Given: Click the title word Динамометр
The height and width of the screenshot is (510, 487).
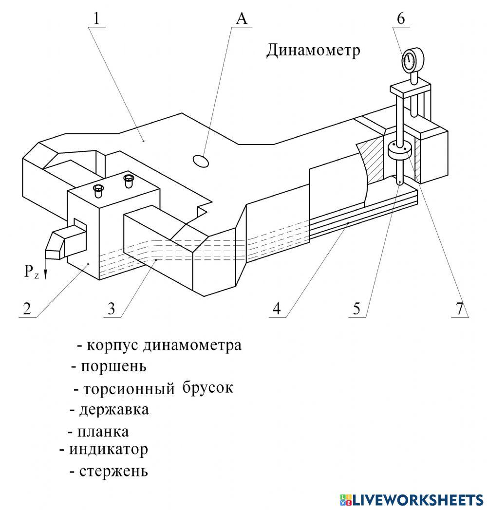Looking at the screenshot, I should (x=313, y=50).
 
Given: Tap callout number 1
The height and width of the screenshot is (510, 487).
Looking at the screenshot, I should (x=96, y=18).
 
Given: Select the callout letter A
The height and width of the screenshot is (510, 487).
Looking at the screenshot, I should (x=242, y=18).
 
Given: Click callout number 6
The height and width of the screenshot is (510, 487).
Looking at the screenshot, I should (x=401, y=18).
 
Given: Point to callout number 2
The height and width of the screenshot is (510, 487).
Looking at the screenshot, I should (x=27, y=309).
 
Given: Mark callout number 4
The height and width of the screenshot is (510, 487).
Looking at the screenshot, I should (x=276, y=309).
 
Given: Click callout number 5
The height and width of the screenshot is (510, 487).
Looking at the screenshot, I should (x=357, y=309).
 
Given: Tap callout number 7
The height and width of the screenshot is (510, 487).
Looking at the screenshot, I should (x=459, y=309).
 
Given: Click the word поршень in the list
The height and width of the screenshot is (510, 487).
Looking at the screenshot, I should (x=113, y=365).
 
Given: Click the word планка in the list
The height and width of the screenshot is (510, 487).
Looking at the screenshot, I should (x=103, y=432).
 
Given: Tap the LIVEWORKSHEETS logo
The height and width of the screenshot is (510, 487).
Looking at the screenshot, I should (x=412, y=499).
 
